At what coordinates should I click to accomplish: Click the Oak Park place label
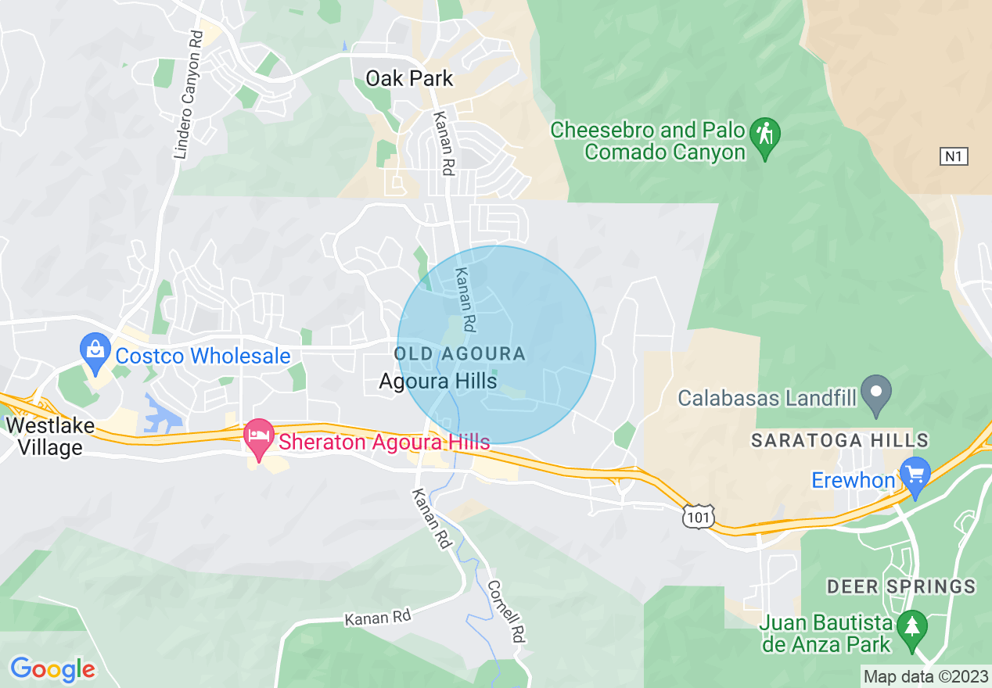click(410, 79)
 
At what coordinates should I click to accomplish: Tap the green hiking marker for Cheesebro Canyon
click(764, 134)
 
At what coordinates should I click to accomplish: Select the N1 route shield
click(954, 156)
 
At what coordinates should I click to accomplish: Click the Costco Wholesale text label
click(203, 357)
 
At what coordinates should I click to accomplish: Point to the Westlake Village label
click(44, 437)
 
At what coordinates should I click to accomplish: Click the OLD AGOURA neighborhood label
click(460, 354)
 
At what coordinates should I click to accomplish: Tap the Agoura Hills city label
click(438, 382)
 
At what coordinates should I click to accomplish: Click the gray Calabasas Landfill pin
click(876, 389)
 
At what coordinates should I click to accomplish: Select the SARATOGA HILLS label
click(839, 441)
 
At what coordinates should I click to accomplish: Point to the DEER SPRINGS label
click(901, 586)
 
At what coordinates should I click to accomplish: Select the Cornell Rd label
click(505, 611)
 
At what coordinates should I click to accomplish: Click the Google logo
click(53, 669)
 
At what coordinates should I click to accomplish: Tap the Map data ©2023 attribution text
click(925, 676)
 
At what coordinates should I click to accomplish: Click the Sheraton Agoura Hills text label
click(384, 442)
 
